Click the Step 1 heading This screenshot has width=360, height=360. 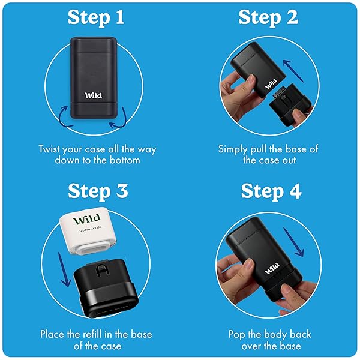point(96,17)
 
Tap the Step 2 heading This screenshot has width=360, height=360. point(268,17)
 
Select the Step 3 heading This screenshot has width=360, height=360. point(98,191)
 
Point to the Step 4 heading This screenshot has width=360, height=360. point(271,191)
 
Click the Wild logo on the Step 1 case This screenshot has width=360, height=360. point(93,95)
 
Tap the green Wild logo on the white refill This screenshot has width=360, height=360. point(87,219)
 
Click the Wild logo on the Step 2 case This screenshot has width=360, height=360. point(271,84)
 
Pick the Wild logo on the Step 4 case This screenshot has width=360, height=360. point(272,268)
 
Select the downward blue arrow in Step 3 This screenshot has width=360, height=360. point(64,269)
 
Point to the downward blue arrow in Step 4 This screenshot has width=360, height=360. point(294,242)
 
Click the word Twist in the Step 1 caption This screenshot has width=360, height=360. point(49,149)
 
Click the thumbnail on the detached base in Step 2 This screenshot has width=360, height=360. point(298,113)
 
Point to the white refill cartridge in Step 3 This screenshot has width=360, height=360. point(88,230)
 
